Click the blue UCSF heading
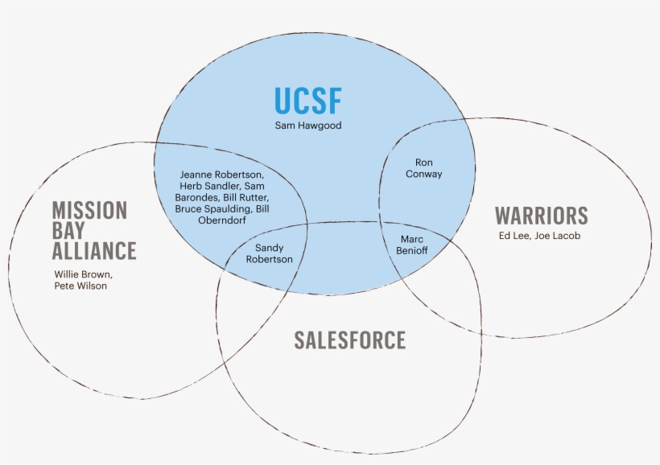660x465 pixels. pyautogui.click(x=307, y=101)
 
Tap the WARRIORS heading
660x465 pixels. pyautogui.click(x=541, y=216)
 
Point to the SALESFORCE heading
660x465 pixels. pyautogui.click(x=349, y=340)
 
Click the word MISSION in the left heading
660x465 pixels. pyautogui.click(x=89, y=211)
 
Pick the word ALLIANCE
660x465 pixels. pyautogui.click(x=94, y=251)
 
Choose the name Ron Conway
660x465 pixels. pyautogui.click(x=423, y=168)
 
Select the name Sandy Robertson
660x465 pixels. pyautogui.click(x=274, y=253)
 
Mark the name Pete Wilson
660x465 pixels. pyautogui.click(x=80, y=286)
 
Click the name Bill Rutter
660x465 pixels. pyautogui.click(x=247, y=197)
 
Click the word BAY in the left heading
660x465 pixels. pyautogui.click(x=68, y=231)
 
